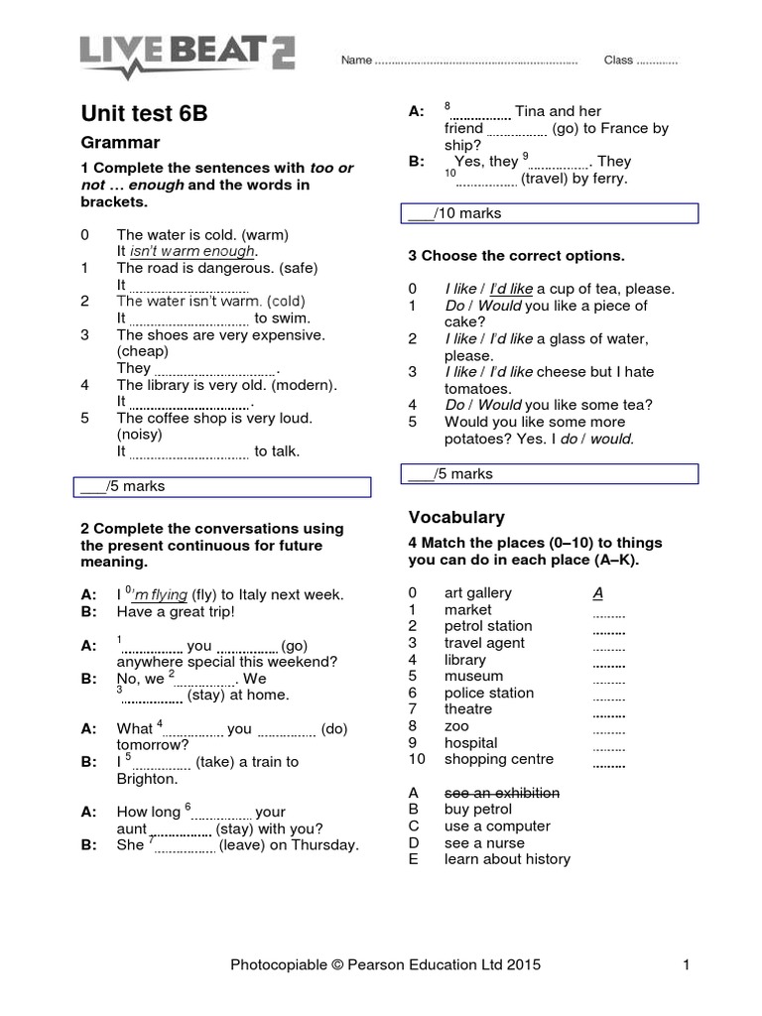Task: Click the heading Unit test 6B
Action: (x=144, y=113)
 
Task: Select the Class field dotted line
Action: (x=657, y=62)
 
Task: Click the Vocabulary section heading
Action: (x=456, y=517)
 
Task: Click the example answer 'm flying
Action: (x=160, y=595)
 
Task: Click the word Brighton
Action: (x=147, y=779)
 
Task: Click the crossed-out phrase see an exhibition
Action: (x=501, y=793)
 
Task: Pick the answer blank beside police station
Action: (x=608, y=694)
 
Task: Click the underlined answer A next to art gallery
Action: (x=597, y=593)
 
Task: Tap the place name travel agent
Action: (x=484, y=643)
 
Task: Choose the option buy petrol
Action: (x=478, y=810)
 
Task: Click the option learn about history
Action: (x=507, y=859)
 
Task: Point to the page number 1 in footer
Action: (x=685, y=963)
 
